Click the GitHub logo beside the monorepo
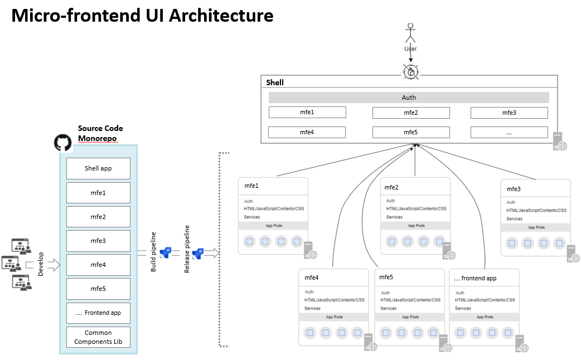tap(63, 142)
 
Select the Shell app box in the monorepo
tap(98, 168)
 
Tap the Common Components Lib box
tap(98, 337)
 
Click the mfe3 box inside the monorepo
tap(98, 241)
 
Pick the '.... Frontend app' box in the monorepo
tap(98, 313)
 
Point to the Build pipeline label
tap(153, 252)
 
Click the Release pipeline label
tap(187, 249)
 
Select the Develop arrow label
tap(41, 264)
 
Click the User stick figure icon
tap(410, 32)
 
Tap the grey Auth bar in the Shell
tap(409, 98)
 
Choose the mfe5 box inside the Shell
tap(411, 133)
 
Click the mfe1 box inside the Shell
tap(307, 113)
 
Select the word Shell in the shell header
tap(275, 82)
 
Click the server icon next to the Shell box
tap(560, 142)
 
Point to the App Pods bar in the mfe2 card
tap(416, 226)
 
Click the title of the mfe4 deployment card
tap(311, 278)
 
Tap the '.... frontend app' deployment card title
tap(475, 278)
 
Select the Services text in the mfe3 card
tap(514, 219)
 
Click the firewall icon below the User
tap(410, 71)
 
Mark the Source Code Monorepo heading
tap(100, 133)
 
